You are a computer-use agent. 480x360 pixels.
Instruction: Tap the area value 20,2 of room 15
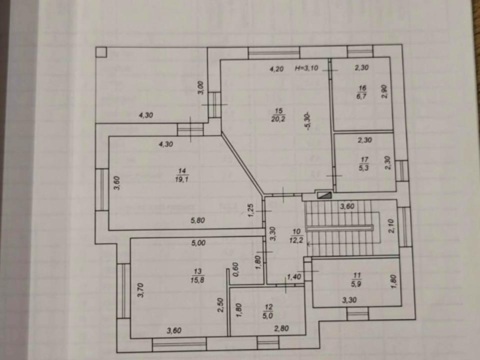pos(278,118)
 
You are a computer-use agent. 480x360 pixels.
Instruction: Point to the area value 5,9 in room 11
pos(357,282)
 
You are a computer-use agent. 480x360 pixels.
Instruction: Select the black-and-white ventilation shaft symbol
pos(323,195)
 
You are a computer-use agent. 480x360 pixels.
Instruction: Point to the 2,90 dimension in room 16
pos(384,92)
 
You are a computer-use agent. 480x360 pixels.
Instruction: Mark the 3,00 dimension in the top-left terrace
pos(200,87)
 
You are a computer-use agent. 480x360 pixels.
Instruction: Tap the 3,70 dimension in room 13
pos(140,290)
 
